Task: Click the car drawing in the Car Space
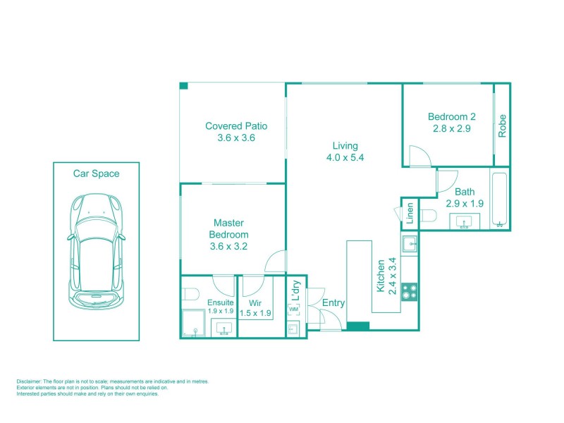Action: click(x=96, y=253)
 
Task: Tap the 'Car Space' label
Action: click(x=96, y=173)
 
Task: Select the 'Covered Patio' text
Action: click(x=236, y=126)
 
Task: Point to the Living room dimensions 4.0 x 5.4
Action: click(x=345, y=158)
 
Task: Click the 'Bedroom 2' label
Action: click(x=452, y=117)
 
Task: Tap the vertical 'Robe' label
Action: click(x=503, y=125)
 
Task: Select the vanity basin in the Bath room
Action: click(x=463, y=223)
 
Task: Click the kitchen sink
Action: click(x=410, y=245)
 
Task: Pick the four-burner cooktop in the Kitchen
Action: click(x=410, y=291)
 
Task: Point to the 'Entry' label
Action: click(x=333, y=303)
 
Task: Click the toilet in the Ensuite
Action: click(x=190, y=293)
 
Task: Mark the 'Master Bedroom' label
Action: click(x=229, y=234)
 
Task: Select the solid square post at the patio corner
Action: click(x=183, y=86)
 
